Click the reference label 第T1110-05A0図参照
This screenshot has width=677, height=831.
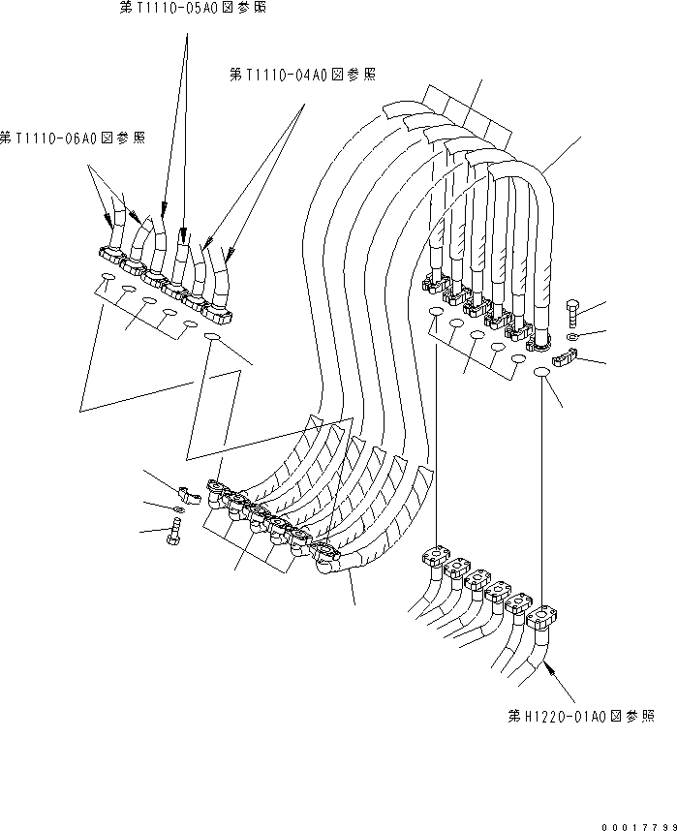191,8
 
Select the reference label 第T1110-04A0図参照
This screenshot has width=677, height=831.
303,75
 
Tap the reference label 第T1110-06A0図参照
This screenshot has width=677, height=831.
74,139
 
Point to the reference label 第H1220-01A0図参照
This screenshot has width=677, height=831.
580,717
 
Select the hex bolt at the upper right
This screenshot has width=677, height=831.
569,312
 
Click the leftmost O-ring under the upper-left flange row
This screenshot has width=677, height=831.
106,283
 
